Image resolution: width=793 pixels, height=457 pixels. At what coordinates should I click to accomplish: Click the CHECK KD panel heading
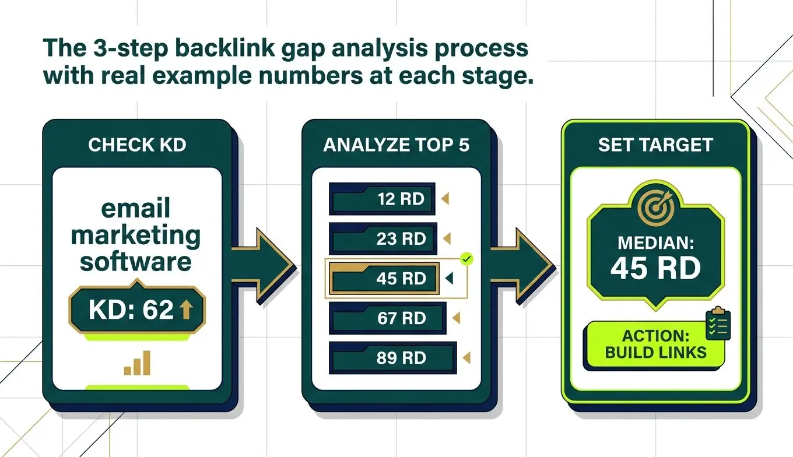(137, 145)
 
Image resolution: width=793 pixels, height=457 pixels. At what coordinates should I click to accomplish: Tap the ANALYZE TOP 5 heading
(396, 145)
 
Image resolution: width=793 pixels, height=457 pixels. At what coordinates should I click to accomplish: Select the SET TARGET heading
(655, 145)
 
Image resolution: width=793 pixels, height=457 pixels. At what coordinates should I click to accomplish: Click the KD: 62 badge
(137, 309)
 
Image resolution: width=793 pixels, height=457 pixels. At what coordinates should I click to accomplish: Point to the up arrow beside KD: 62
(186, 310)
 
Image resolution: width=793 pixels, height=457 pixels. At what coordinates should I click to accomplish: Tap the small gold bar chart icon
(137, 363)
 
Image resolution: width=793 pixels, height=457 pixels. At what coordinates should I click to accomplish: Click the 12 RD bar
(382, 199)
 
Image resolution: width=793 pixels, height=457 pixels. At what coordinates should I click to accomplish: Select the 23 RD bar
(383, 238)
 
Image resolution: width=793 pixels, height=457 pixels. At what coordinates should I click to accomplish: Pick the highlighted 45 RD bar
(384, 278)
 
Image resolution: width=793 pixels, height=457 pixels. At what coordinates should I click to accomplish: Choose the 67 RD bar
(388, 318)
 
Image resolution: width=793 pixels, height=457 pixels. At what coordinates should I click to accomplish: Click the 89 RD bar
(393, 358)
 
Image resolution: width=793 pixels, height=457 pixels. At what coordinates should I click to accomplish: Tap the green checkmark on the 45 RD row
(467, 259)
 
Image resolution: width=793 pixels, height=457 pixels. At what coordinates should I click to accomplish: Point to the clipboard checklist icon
(718, 323)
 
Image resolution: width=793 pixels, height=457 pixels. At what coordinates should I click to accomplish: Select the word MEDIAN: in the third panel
(655, 243)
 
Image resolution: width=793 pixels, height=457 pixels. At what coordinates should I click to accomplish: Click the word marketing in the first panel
(136, 236)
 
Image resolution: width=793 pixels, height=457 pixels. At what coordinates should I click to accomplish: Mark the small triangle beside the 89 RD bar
(466, 357)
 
